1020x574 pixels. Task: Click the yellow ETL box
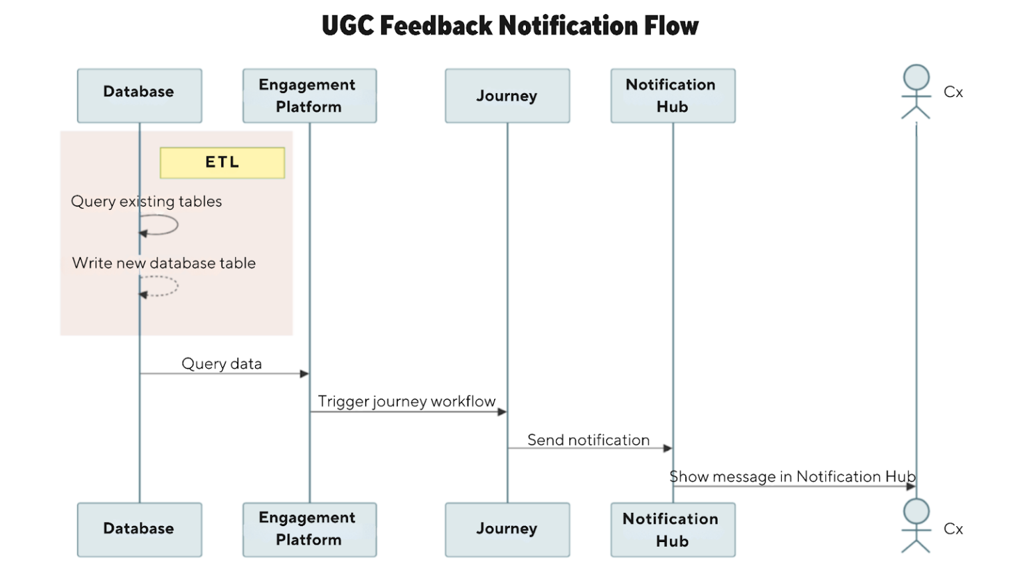point(222,163)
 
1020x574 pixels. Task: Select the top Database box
point(139,96)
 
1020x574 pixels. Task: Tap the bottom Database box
point(139,529)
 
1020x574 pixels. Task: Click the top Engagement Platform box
point(309,96)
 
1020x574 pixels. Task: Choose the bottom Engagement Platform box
point(309,529)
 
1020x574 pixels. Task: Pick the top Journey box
point(507,96)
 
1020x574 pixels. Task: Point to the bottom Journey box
point(507,529)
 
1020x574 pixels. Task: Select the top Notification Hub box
point(673,96)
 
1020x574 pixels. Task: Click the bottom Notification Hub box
point(673,529)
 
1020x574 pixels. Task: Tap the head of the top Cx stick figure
point(916,77)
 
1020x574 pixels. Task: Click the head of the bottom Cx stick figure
point(916,511)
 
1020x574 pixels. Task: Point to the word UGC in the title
point(348,25)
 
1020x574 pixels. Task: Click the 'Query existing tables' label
point(146,202)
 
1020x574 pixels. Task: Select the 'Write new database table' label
point(164,263)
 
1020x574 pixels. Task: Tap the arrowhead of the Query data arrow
point(305,374)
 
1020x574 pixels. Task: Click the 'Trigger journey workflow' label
point(406,402)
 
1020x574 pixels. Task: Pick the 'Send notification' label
point(588,440)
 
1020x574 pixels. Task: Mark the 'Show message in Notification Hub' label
point(792,476)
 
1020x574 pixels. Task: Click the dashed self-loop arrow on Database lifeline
point(177,286)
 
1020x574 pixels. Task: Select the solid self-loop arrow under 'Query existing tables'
point(177,225)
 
